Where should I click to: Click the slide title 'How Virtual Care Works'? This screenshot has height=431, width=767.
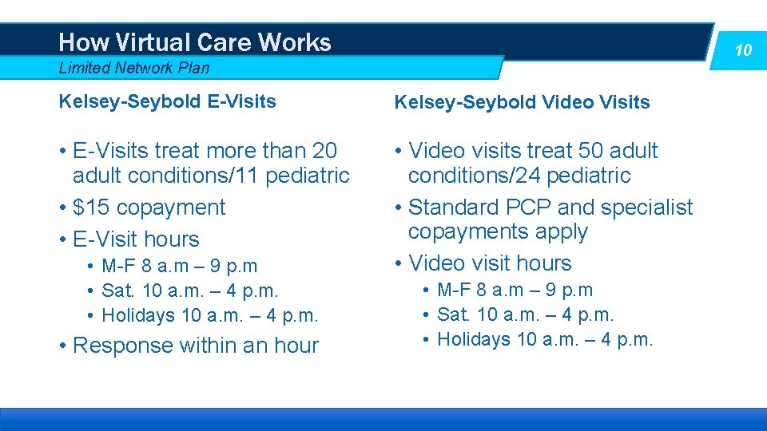(x=195, y=42)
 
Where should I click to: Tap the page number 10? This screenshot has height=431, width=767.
(x=743, y=50)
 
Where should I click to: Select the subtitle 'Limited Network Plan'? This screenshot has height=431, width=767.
(x=134, y=68)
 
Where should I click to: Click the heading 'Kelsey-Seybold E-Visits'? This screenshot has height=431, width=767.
(x=167, y=101)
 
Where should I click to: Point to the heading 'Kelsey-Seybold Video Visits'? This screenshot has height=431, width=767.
(x=522, y=102)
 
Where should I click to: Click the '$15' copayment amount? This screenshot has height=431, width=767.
(x=89, y=208)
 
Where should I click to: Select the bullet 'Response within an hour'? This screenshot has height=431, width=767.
(x=195, y=346)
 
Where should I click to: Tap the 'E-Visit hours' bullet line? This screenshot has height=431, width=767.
(x=136, y=239)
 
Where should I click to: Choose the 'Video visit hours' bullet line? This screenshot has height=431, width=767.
(x=490, y=263)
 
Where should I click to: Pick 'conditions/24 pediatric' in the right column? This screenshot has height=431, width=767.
(x=519, y=176)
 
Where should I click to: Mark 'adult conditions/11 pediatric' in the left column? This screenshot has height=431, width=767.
(x=211, y=176)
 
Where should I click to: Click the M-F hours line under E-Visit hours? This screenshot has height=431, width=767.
(x=180, y=266)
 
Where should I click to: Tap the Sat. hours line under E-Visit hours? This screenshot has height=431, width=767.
(x=190, y=291)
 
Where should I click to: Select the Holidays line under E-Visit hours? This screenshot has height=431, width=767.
(x=210, y=315)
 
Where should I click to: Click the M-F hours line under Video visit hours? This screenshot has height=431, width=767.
(x=515, y=290)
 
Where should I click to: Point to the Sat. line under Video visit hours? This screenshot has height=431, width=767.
(x=526, y=315)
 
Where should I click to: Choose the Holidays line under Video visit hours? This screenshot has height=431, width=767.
(x=546, y=339)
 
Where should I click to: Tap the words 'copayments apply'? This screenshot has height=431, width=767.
(x=498, y=232)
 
